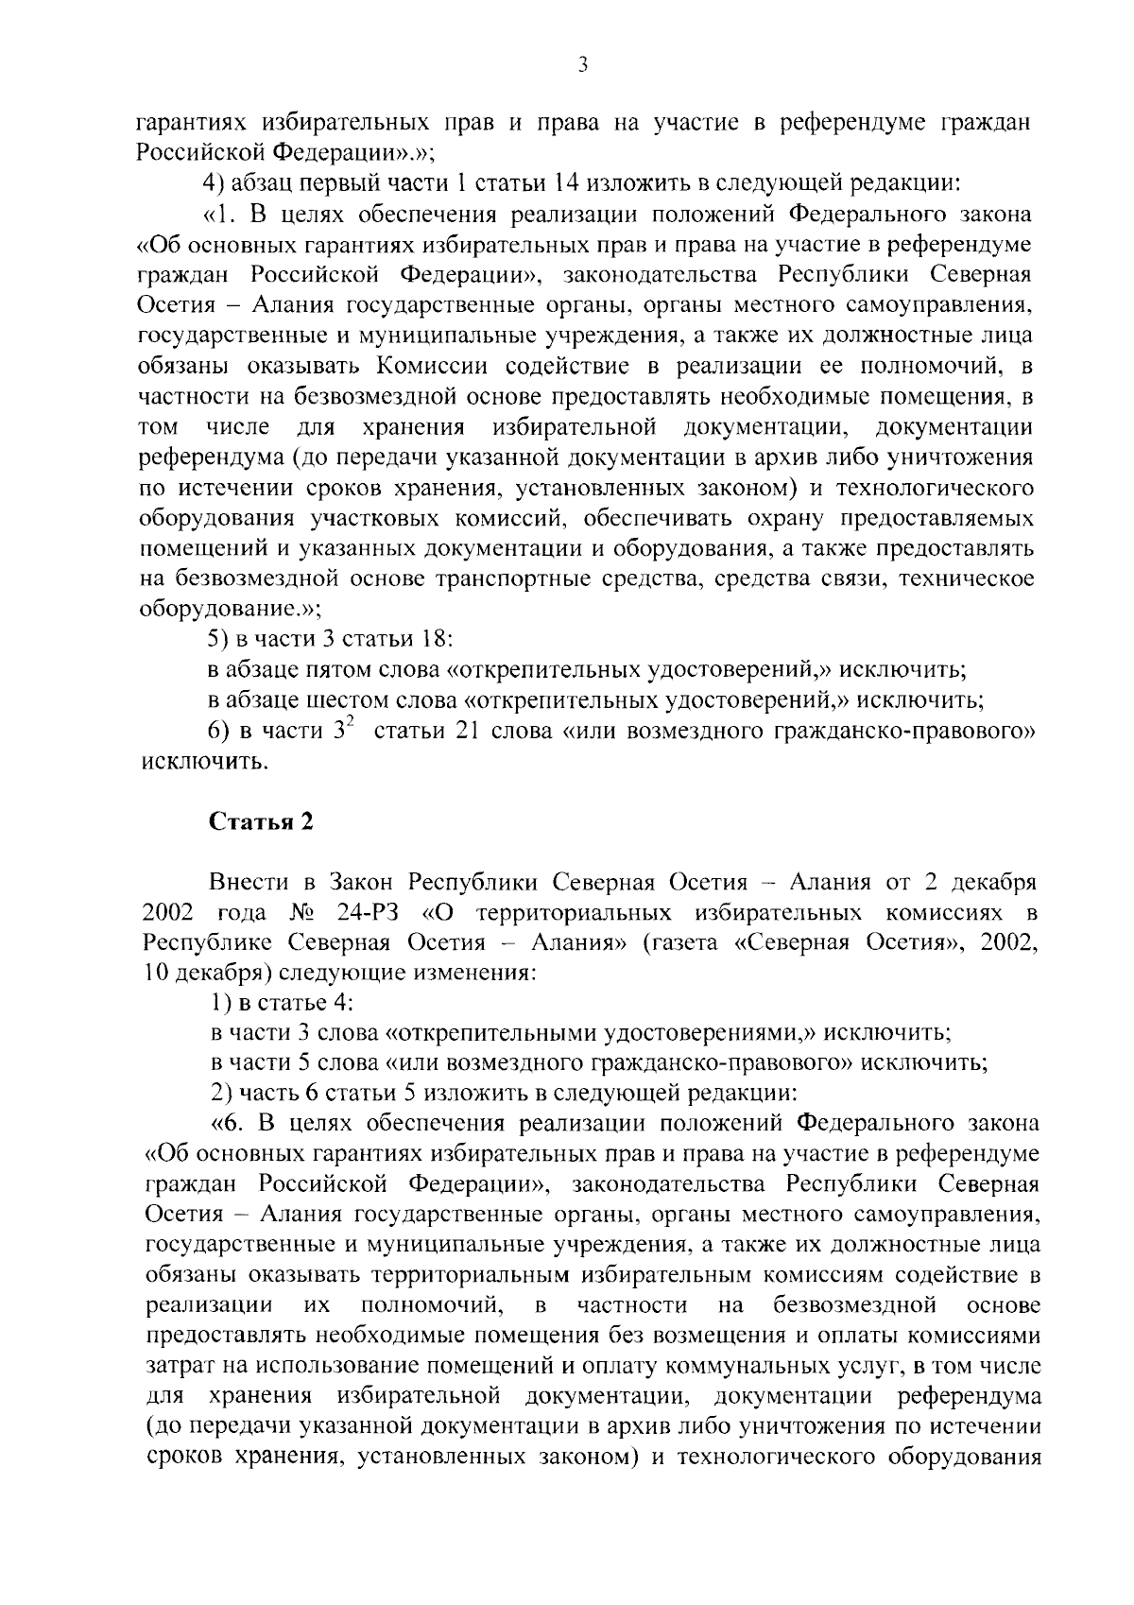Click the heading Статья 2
pos(260,821)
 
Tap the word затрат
pos(176,1366)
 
